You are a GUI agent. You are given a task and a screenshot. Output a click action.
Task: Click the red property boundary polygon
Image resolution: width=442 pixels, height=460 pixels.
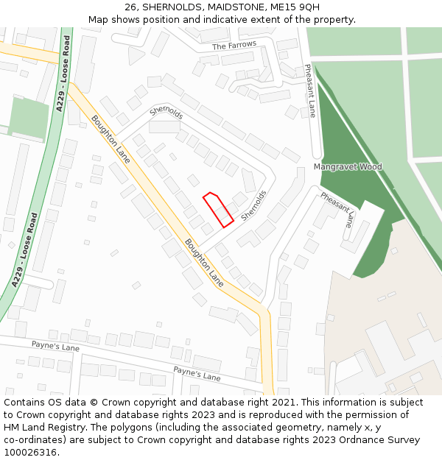pos(218,209)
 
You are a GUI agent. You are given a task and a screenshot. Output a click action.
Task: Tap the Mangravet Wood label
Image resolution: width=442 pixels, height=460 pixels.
pos(348,167)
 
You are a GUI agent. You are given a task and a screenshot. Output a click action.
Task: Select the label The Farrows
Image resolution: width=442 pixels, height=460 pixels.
pos(234,46)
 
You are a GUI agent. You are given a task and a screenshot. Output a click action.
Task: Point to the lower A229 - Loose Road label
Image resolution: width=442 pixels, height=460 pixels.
pos(24,250)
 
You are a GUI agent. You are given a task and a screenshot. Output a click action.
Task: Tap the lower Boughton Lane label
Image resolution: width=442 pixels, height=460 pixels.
pos(204,262)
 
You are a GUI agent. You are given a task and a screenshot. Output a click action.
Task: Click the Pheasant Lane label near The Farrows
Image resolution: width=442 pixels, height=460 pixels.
pos(311,91)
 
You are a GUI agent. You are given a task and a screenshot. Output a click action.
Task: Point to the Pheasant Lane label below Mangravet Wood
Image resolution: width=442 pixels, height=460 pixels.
pos(338,210)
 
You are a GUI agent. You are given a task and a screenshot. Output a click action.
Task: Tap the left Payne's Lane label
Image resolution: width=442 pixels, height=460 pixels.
pos(55,345)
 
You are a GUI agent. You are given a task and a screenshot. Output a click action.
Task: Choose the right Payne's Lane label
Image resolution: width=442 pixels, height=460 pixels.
pos(197,373)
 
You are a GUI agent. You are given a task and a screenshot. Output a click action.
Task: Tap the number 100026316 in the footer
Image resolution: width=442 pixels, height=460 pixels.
pos(28,452)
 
